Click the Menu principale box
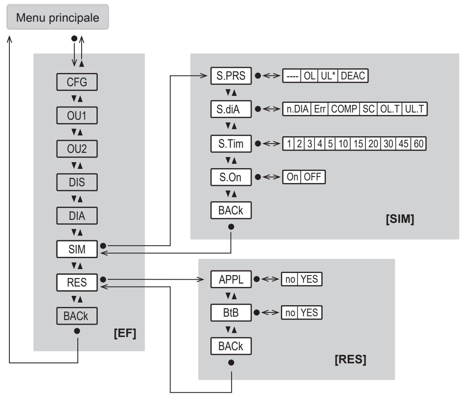tap(58, 17)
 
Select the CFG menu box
tap(77, 82)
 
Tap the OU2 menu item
tap(77, 149)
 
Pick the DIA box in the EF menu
tap(77, 216)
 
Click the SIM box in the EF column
tap(77, 249)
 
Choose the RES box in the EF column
tap(77, 282)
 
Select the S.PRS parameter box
tap(231, 76)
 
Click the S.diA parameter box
tap(231, 109)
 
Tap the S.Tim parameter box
tap(231, 143)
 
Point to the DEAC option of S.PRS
tap(353, 76)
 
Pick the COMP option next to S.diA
tap(344, 109)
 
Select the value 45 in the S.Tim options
tap(403, 143)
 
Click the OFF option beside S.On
tap(313, 177)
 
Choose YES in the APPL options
tap(309, 279)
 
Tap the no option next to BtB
tap(290, 312)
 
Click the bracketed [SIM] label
tap(400, 219)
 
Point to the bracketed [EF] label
tap(125, 333)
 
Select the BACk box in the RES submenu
tap(231, 346)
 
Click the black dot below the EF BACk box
tap(77, 331)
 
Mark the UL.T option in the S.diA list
tap(414, 109)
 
